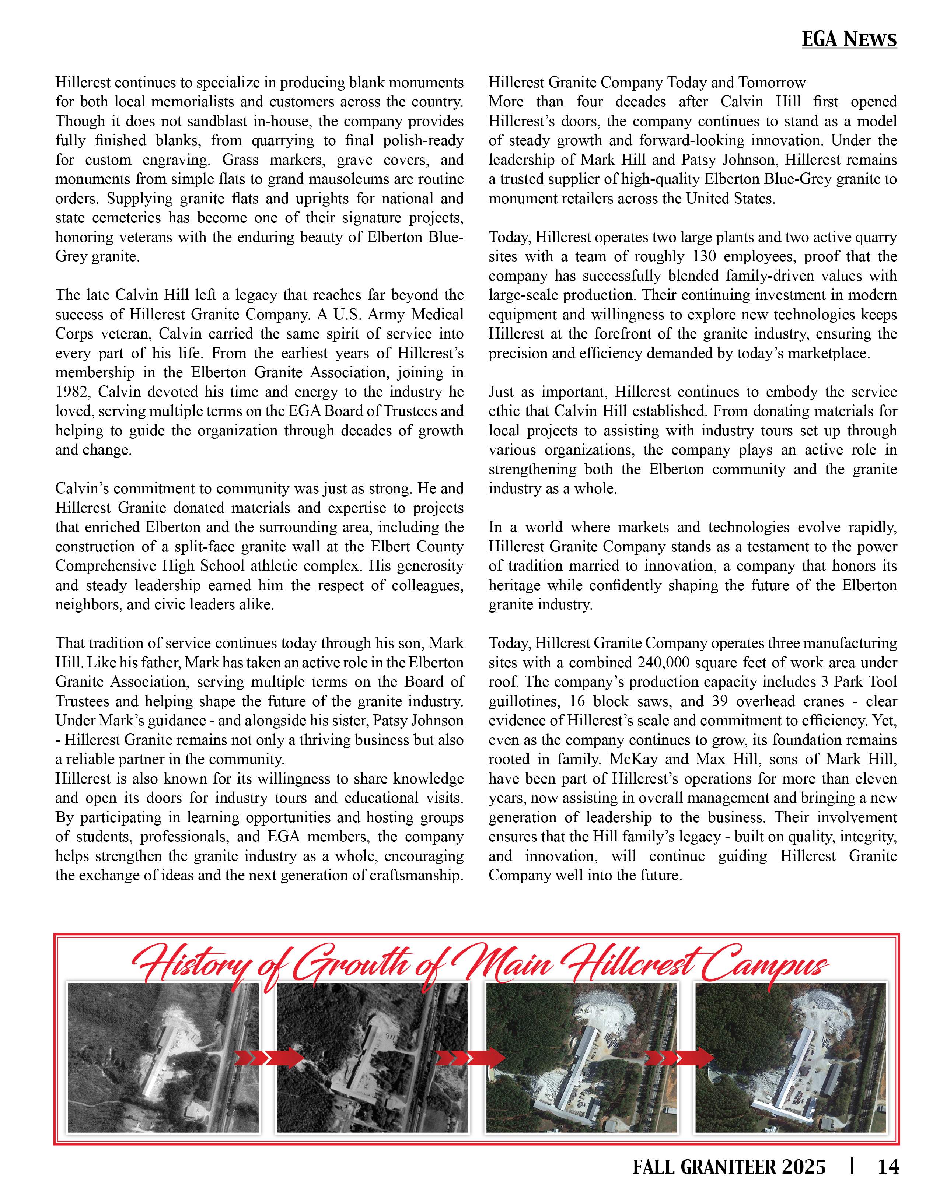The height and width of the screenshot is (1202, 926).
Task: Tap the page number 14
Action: pyautogui.click(x=887, y=1167)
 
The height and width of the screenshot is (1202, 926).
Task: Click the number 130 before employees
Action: pyautogui.click(x=705, y=256)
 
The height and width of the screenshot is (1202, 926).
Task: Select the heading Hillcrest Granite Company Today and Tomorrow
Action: pyautogui.click(x=647, y=83)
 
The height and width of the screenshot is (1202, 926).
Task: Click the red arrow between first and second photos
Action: pyautogui.click(x=269, y=1057)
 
